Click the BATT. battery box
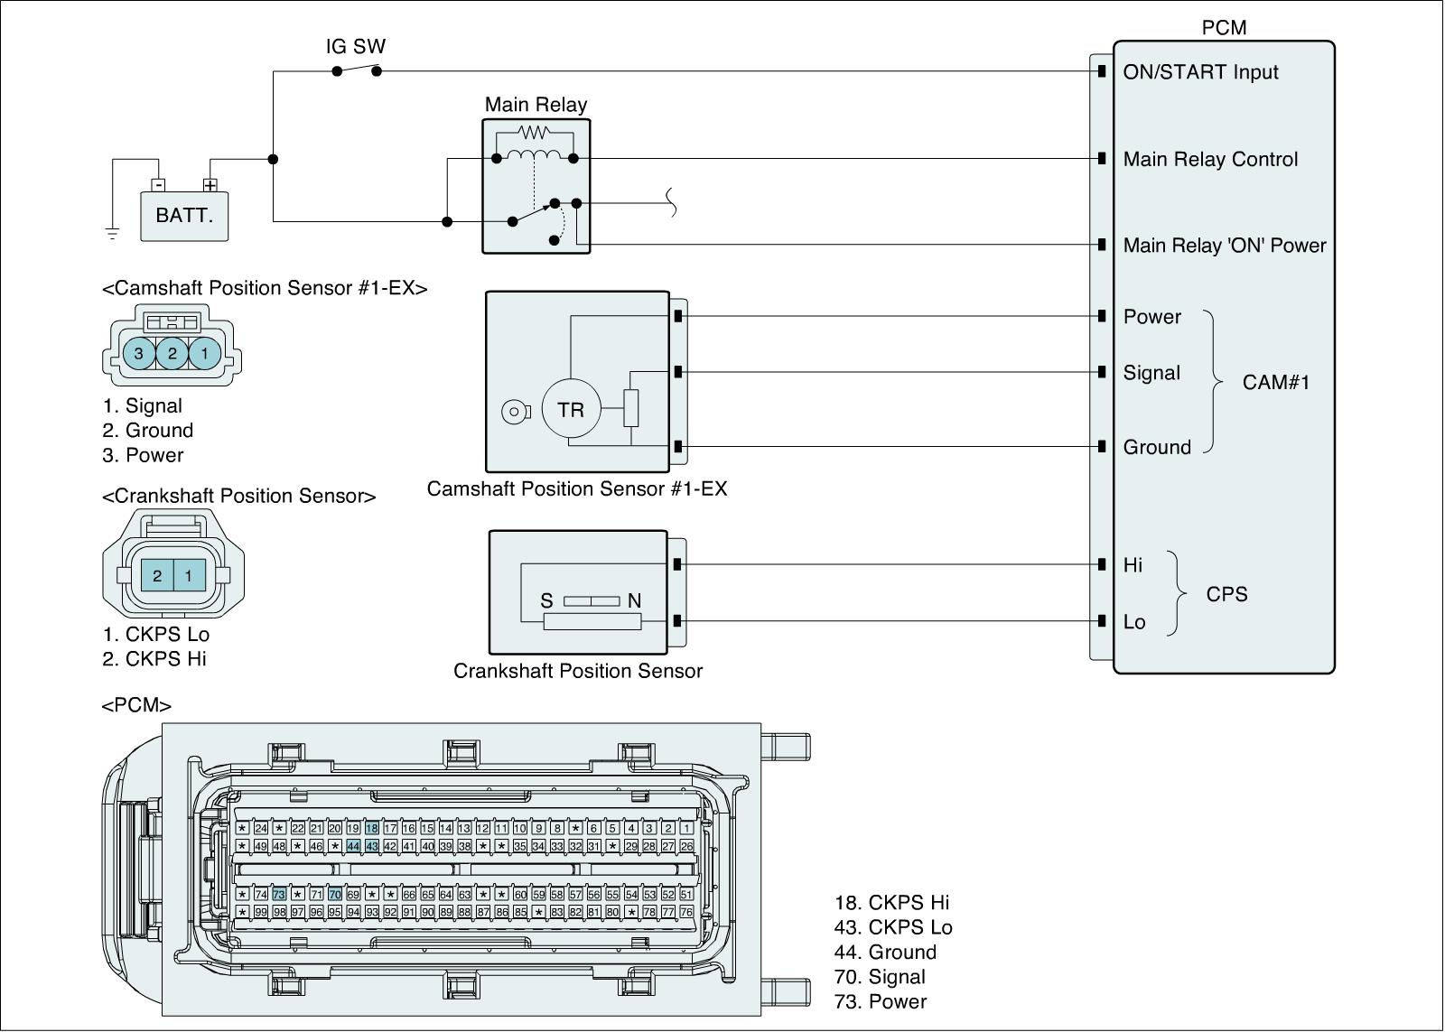point(184,216)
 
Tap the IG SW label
point(356,46)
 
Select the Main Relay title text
point(536,105)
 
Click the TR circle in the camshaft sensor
point(571,410)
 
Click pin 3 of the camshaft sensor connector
point(139,353)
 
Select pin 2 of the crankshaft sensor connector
point(157,575)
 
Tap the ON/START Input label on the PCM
point(1200,72)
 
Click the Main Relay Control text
point(1210,160)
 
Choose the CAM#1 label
point(1275,382)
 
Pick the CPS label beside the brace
point(1226,594)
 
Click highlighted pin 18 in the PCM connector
point(371,828)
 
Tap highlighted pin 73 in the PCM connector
point(279,894)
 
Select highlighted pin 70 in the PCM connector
point(335,894)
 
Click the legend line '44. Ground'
point(885,952)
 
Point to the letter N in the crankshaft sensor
point(634,600)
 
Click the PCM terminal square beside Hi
point(1102,564)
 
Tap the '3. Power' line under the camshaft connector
point(143,455)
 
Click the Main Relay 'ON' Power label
point(1224,246)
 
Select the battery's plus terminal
point(210,185)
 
